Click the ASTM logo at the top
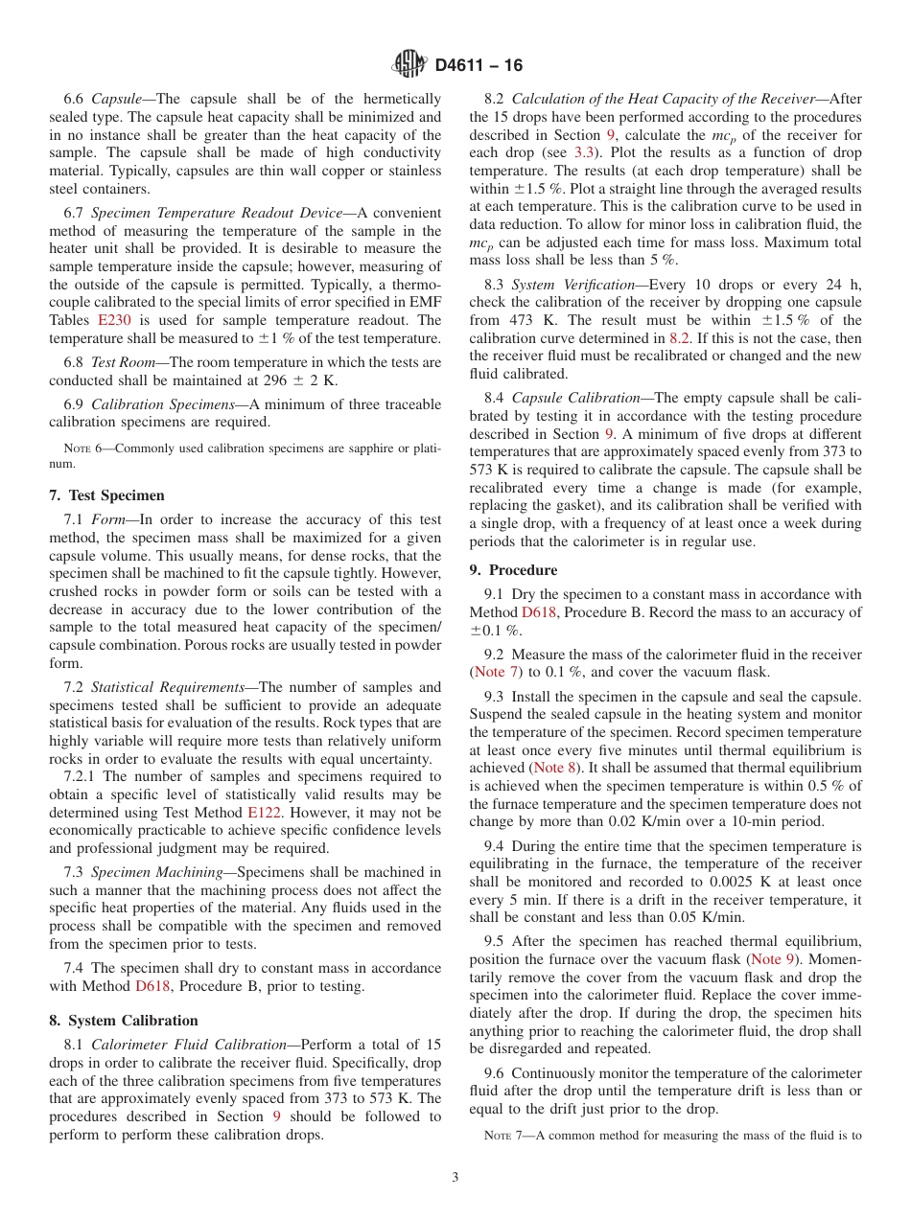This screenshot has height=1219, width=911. [x=409, y=65]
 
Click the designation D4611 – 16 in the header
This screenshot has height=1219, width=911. [x=479, y=66]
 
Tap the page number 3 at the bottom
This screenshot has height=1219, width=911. [x=455, y=1177]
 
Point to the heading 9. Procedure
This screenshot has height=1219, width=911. [x=513, y=569]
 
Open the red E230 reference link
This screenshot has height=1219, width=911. [x=114, y=320]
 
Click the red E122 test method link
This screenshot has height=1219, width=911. [x=264, y=813]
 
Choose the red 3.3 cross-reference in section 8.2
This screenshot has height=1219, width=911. [x=583, y=153]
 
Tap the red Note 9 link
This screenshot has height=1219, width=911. [x=772, y=959]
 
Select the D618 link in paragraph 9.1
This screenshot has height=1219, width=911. [x=539, y=612]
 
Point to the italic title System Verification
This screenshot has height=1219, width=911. [x=574, y=285]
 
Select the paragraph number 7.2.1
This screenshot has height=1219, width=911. [x=81, y=776]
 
